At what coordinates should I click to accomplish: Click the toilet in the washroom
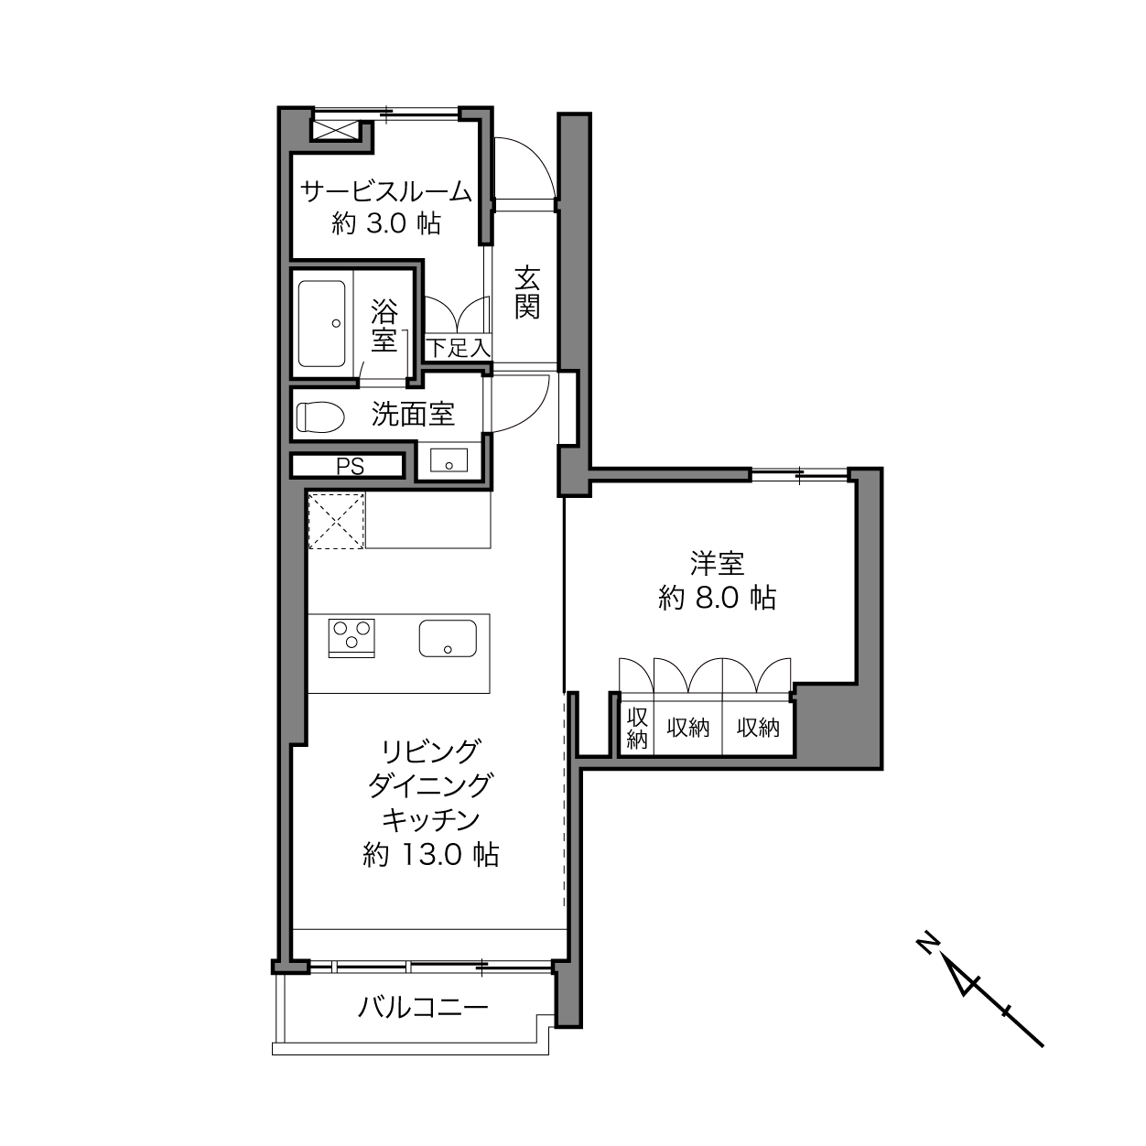320,416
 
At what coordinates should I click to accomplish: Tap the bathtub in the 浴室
321,323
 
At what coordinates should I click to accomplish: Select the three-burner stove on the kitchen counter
351,638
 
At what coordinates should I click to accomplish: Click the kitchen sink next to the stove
448,639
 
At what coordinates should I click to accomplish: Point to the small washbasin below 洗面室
449,460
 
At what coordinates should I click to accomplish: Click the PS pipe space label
351,467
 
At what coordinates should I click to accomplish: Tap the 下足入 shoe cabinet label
458,348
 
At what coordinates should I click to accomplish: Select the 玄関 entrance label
527,293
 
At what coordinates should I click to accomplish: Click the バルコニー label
423,1008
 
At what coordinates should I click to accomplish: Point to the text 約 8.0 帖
717,598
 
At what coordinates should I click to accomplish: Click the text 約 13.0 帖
430,855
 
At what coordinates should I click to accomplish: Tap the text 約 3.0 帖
386,223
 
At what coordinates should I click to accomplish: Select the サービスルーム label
386,191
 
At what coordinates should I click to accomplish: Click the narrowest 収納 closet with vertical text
637,728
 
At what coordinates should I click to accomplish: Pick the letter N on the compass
927,960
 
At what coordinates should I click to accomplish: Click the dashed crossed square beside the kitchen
335,521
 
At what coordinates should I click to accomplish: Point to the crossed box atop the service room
336,130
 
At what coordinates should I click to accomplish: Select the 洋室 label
718,563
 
